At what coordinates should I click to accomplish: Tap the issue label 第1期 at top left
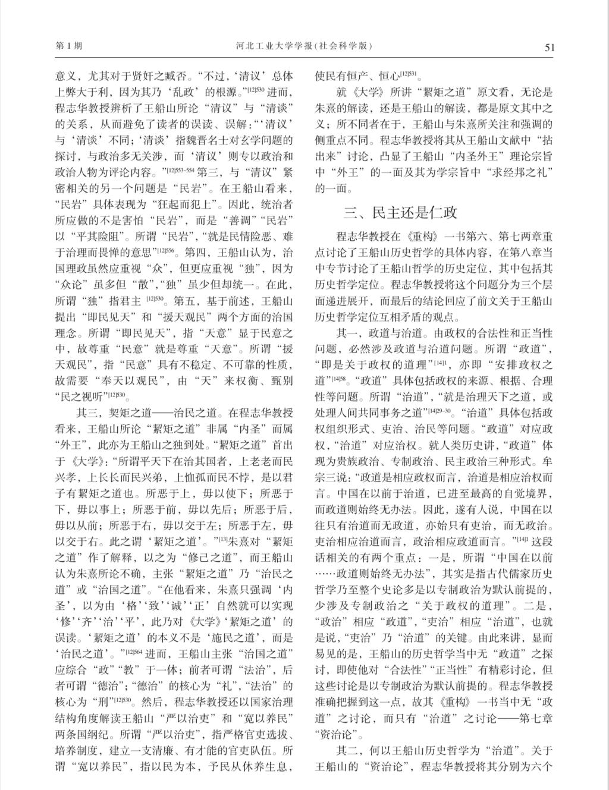coord(69,46)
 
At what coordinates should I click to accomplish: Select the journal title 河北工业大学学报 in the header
coord(280,46)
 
